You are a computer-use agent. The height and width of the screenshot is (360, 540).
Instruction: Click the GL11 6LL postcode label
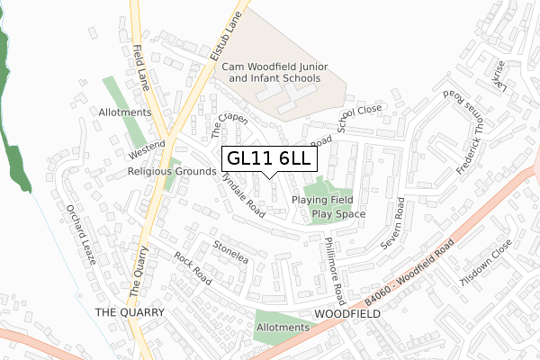[269, 158]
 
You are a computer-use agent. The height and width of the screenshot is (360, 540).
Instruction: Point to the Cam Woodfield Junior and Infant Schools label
[274, 73]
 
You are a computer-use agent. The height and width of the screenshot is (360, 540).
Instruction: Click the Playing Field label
[321, 200]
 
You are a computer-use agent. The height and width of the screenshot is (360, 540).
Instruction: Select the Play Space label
[338, 214]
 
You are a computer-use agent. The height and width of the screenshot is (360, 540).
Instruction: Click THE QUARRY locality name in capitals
[130, 311]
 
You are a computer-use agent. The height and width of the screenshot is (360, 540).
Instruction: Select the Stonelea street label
[230, 247]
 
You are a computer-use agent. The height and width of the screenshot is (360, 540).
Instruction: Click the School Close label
[361, 117]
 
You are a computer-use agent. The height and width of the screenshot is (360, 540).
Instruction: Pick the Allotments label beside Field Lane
[126, 112]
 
